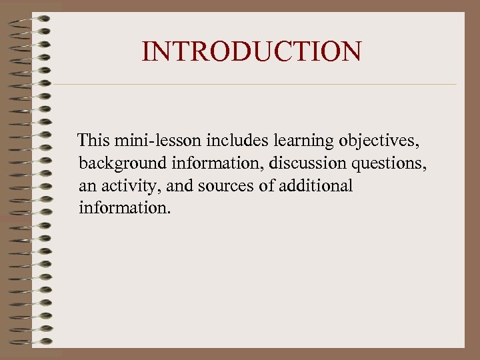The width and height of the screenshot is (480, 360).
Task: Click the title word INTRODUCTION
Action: (x=252, y=51)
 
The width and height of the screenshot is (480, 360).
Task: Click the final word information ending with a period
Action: (x=125, y=208)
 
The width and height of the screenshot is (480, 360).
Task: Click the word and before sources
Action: (x=179, y=185)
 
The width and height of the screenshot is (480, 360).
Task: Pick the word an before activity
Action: (x=87, y=186)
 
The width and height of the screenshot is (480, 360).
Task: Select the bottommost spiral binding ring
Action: (x=30, y=342)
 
